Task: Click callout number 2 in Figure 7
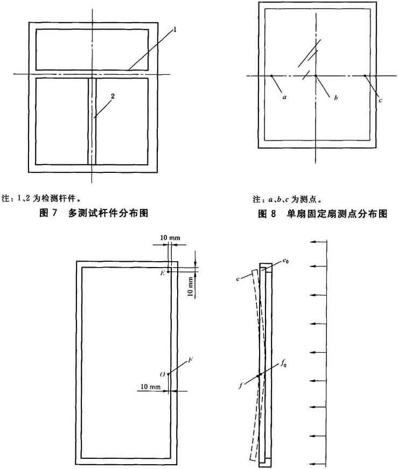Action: point(112,96)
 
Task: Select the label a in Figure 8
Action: point(284,99)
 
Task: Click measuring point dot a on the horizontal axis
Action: point(272,75)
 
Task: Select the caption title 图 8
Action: point(264,213)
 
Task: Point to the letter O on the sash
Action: point(162,374)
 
